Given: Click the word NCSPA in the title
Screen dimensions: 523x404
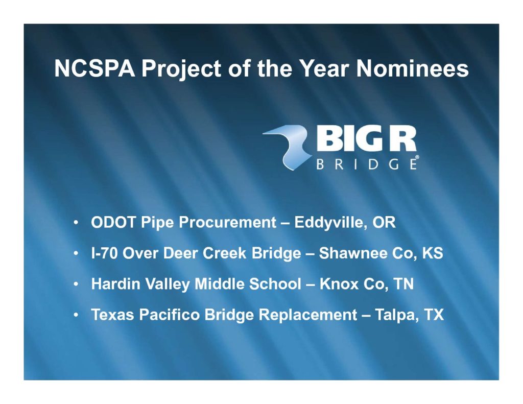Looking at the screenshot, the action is click(94, 68).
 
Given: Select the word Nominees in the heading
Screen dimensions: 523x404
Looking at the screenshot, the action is click(412, 68).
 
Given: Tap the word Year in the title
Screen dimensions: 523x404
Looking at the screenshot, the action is click(323, 68).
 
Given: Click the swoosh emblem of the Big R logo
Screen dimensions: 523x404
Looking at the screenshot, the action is click(287, 147).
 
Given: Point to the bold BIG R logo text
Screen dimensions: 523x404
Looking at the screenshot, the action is click(366, 139).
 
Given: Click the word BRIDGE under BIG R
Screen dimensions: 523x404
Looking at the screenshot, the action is click(366, 164).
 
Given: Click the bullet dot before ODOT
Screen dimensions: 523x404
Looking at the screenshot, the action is click(77, 222).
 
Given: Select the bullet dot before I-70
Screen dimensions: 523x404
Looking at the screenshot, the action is click(77, 253).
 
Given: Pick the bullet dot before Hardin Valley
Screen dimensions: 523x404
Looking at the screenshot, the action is click(77, 284).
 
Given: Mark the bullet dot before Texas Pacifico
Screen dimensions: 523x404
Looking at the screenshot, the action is click(77, 315).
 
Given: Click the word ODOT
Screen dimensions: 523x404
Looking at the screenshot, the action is click(113, 222).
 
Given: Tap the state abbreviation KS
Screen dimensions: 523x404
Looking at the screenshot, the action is click(433, 253).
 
